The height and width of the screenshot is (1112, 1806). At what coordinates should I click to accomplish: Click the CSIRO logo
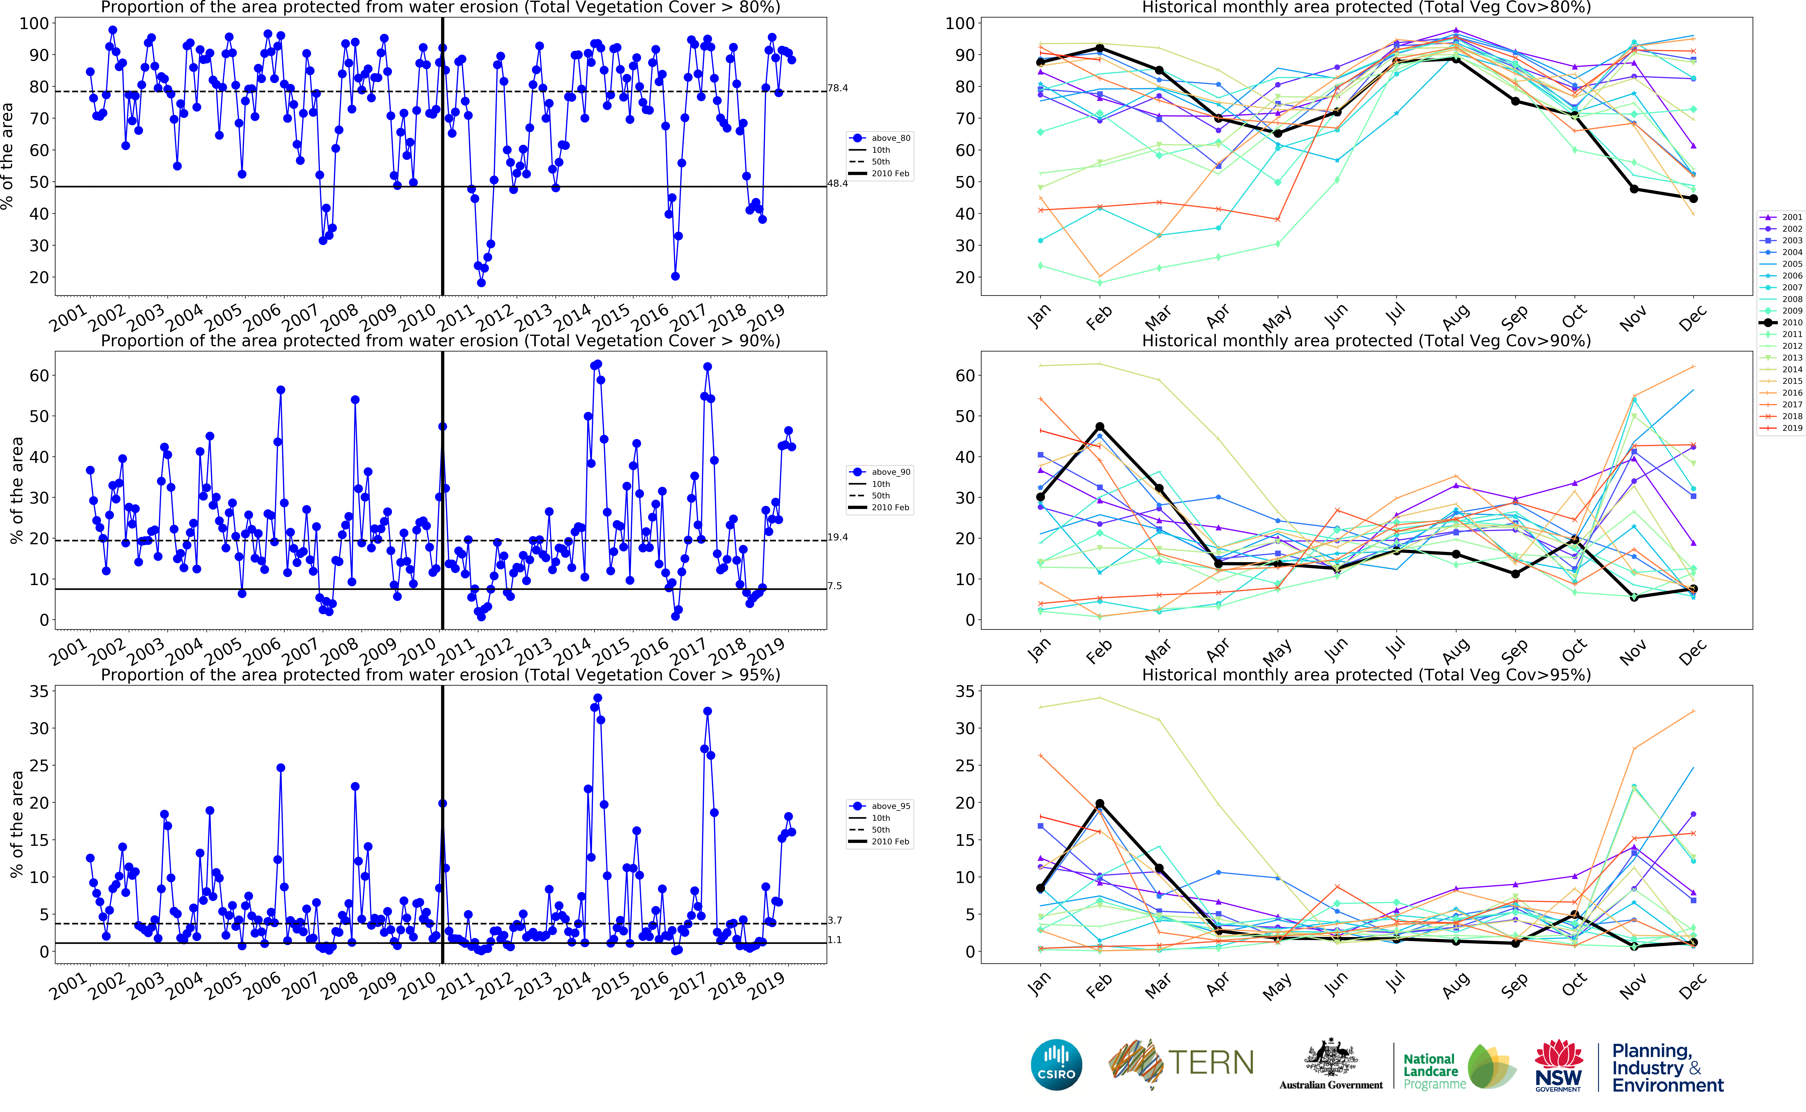[x=1056, y=1064]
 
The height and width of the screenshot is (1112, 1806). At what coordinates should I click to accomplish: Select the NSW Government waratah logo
[x=1558, y=1064]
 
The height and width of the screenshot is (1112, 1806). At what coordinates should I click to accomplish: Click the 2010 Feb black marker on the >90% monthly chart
[x=1100, y=427]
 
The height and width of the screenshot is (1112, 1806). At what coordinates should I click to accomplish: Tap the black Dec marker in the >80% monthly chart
[x=1693, y=199]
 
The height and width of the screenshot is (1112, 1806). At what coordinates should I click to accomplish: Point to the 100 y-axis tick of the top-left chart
[x=34, y=23]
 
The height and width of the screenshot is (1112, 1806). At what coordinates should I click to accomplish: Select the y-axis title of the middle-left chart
[x=16, y=491]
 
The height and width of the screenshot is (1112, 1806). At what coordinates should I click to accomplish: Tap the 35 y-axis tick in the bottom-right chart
[x=964, y=691]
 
